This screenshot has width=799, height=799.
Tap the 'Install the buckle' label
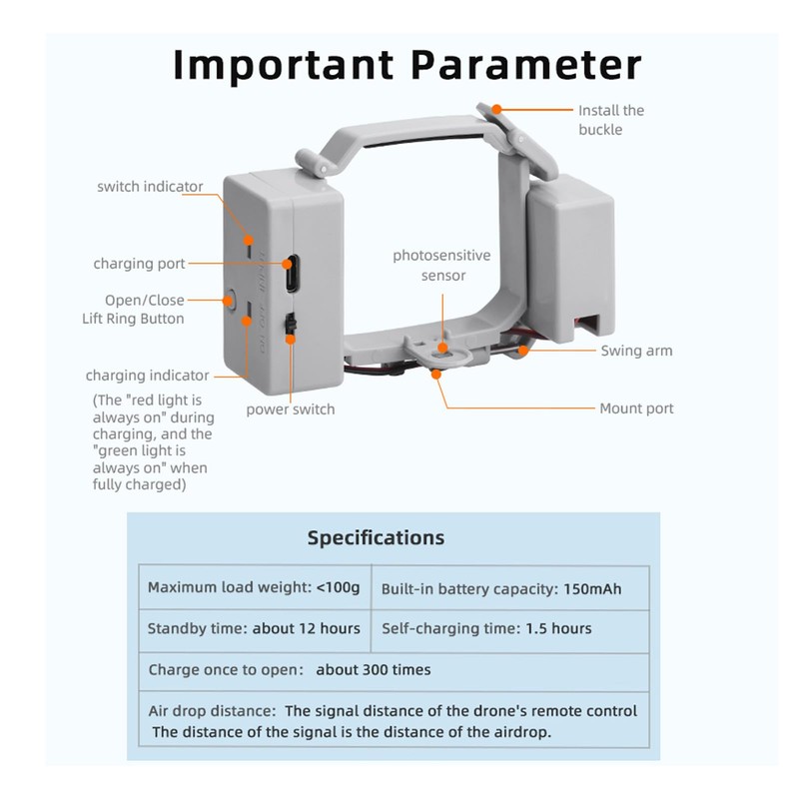(611, 120)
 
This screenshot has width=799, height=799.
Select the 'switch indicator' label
(150, 187)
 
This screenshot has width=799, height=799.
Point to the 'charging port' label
(139, 264)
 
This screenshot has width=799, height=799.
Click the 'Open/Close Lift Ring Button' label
(133, 309)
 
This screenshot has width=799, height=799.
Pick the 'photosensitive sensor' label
(443, 265)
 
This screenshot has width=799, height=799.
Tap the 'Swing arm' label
(635, 351)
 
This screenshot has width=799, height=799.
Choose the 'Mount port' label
(636, 407)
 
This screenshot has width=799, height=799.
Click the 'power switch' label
(291, 409)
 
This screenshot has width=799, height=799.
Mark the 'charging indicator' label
(147, 376)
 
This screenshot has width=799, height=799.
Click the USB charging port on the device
(291, 273)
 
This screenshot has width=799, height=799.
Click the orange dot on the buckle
(496, 110)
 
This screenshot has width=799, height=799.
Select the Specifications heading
(375, 537)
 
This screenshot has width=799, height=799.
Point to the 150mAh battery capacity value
(591, 589)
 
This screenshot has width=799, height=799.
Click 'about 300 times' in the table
(374, 669)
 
